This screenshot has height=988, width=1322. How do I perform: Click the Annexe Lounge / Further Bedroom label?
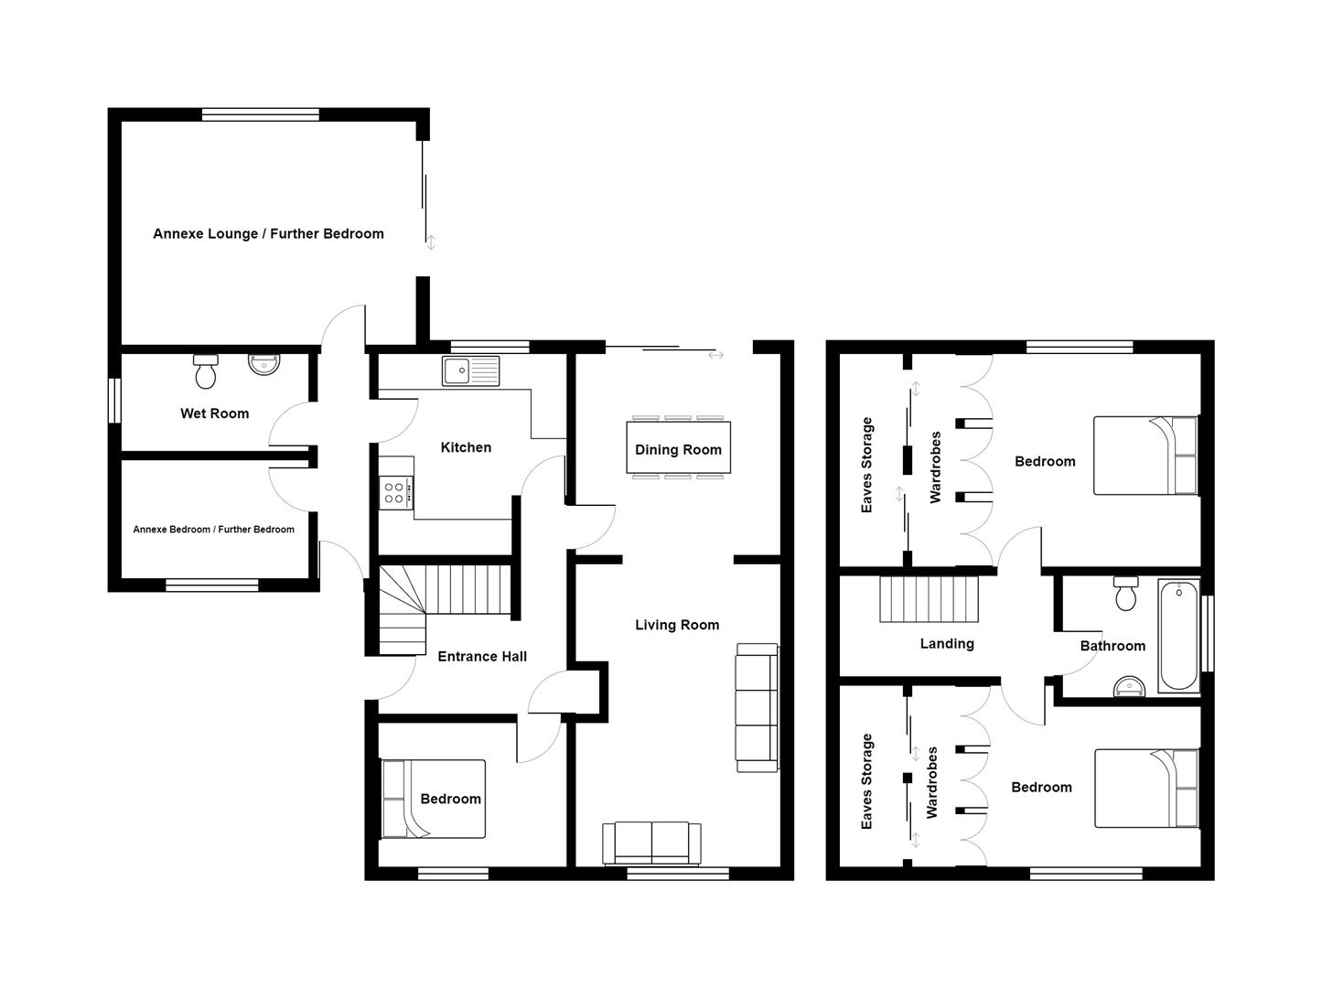pyautogui.click(x=268, y=234)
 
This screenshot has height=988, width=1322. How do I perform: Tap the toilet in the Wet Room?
pyautogui.click(x=206, y=370)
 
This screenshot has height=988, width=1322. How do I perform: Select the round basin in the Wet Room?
pyautogui.click(x=264, y=364)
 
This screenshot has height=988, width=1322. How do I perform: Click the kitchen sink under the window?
pyautogui.click(x=470, y=370)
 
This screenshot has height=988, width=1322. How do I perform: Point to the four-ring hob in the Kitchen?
pyautogui.click(x=396, y=493)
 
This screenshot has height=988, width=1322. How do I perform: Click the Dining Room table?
pyautogui.click(x=678, y=448)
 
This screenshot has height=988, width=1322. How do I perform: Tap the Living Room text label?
pyautogui.click(x=677, y=625)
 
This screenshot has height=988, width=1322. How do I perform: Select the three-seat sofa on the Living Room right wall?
pyautogui.click(x=757, y=707)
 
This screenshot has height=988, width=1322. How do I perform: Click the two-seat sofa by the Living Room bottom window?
pyautogui.click(x=651, y=843)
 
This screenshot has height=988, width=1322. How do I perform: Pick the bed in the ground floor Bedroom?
pyautogui.click(x=433, y=799)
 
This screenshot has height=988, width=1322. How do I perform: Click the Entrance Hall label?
pyautogui.click(x=482, y=656)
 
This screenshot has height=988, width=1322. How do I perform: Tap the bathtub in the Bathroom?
pyautogui.click(x=1178, y=636)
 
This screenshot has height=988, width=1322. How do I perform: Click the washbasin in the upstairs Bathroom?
pyautogui.click(x=1130, y=687)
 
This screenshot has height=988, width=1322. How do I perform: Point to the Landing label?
pyautogui.click(x=947, y=644)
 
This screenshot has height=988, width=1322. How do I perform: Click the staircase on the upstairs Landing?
pyautogui.click(x=929, y=598)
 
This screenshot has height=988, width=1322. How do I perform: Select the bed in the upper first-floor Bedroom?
pyautogui.click(x=1146, y=456)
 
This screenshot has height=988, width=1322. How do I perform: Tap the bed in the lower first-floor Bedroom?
pyautogui.click(x=1146, y=789)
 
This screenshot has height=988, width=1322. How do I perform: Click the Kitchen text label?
pyautogui.click(x=466, y=447)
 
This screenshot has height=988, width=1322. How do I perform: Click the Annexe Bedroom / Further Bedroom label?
pyautogui.click(x=213, y=530)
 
